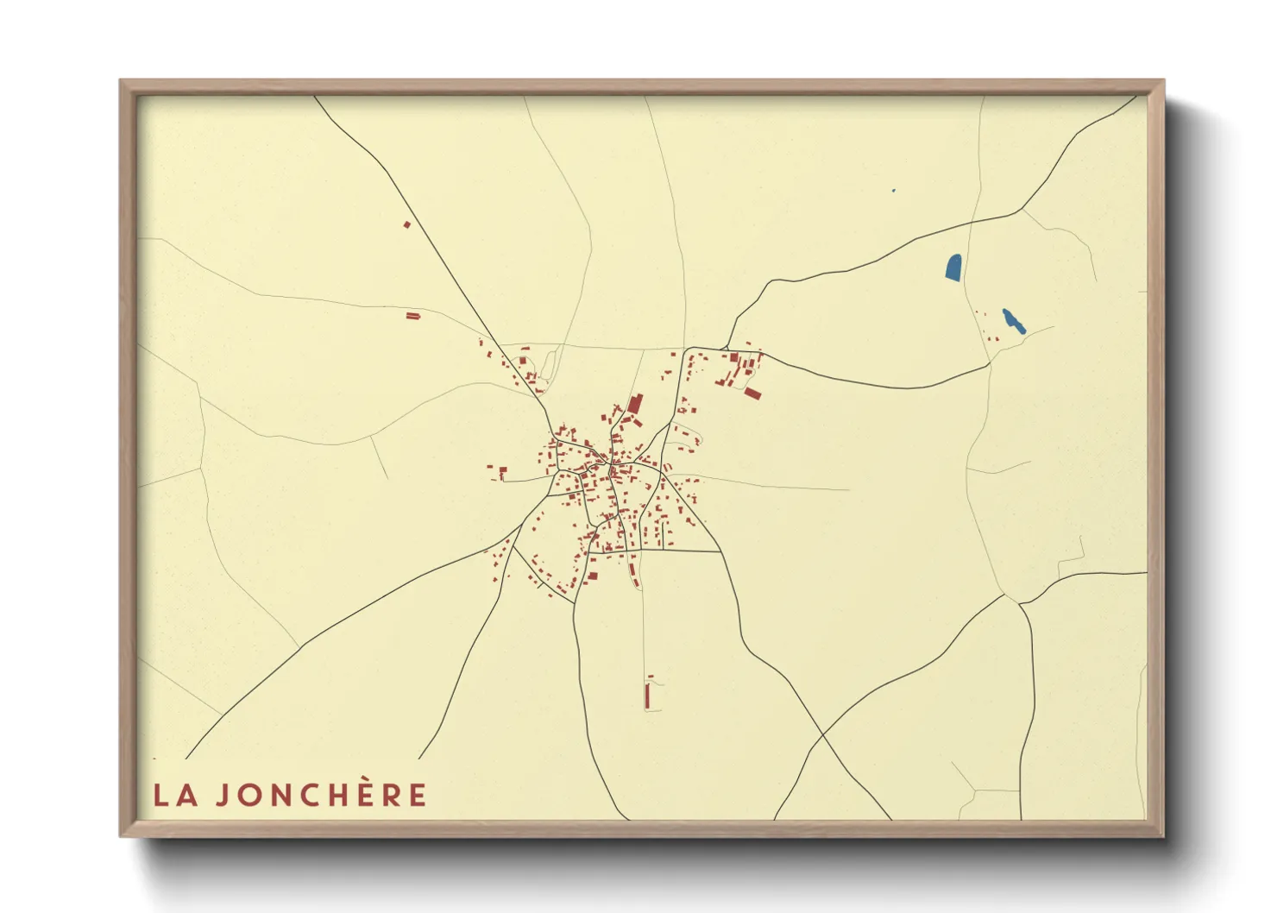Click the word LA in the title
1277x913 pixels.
(x=174, y=795)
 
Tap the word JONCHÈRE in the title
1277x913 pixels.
(x=321, y=795)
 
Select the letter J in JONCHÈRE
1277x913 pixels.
(x=222, y=795)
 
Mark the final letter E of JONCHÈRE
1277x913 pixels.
(x=418, y=795)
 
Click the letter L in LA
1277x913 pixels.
(x=161, y=795)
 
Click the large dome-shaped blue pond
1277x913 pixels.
(x=953, y=268)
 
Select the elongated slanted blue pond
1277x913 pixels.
(x=1012, y=320)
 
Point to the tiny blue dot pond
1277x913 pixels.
(x=893, y=191)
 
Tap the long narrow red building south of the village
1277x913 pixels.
(x=647, y=695)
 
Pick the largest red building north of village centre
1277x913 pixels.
(x=635, y=405)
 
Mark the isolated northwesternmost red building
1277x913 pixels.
(x=407, y=224)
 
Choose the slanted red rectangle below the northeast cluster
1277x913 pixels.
(x=752, y=394)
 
